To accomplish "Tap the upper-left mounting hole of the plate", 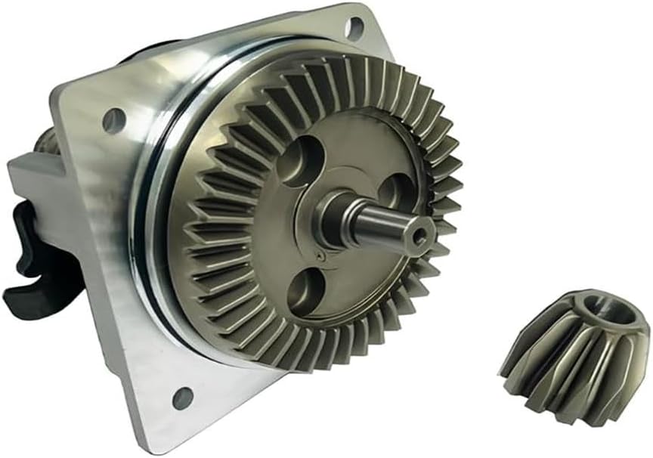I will (114, 119).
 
